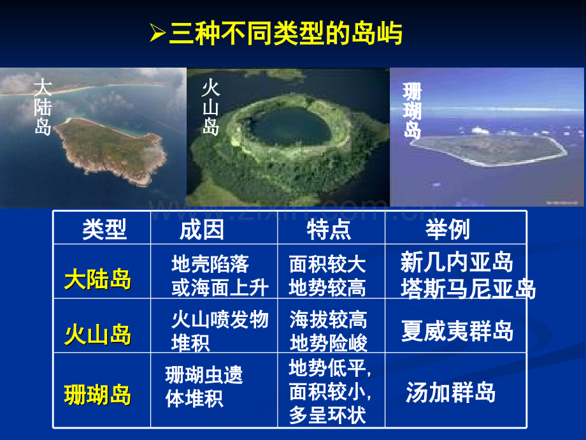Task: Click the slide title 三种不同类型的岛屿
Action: (x=286, y=34)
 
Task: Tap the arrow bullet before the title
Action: (x=158, y=33)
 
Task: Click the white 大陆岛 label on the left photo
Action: (x=43, y=106)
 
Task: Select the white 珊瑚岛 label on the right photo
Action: (x=412, y=111)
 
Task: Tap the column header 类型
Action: (x=104, y=229)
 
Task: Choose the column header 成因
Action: (x=202, y=230)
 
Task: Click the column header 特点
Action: (x=329, y=230)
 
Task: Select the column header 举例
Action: (x=448, y=229)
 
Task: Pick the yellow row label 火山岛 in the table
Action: (x=98, y=334)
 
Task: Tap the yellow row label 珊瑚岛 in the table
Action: (x=98, y=395)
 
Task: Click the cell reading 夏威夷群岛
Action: (x=457, y=331)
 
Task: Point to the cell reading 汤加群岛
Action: (x=451, y=392)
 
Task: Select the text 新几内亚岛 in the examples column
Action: (x=457, y=261)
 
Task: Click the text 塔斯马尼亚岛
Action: (x=468, y=288)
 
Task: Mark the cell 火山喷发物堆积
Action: (x=220, y=331)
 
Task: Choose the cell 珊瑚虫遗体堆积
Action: (x=204, y=386)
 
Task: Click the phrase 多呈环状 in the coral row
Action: (x=327, y=415)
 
